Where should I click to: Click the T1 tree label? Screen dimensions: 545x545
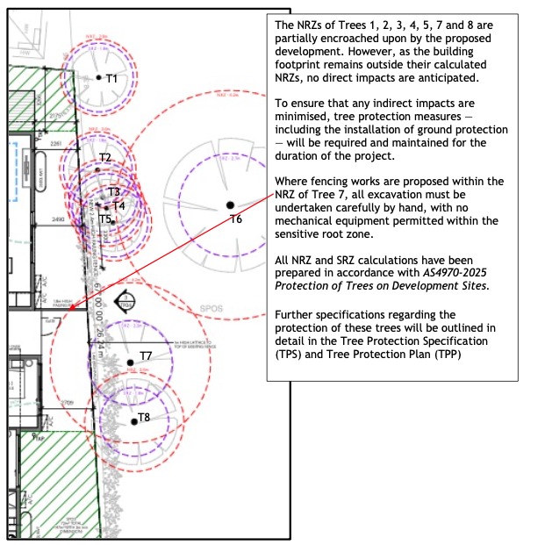[111, 79]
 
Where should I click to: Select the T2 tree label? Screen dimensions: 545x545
[105, 158]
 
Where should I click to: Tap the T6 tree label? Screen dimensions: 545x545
[235, 219]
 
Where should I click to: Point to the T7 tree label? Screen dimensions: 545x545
[146, 355]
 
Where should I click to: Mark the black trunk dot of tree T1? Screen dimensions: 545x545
[98, 77]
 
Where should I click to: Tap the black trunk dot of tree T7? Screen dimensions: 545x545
[130, 362]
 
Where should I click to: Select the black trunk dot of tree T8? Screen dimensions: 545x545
[133, 421]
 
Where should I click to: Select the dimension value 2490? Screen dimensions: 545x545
[58, 217]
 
